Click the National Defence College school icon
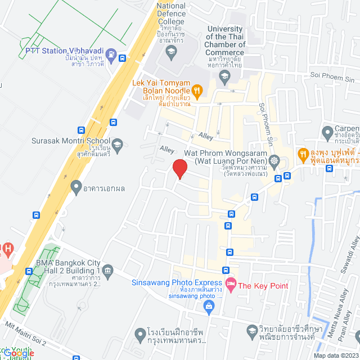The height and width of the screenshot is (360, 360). (x=171, y=53)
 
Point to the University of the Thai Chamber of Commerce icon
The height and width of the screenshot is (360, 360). (x=224, y=75)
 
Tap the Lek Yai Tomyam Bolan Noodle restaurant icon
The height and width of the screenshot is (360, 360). (x=197, y=89)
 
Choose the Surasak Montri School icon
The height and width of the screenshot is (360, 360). (x=117, y=145)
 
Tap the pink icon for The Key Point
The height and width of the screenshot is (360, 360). (x=229, y=285)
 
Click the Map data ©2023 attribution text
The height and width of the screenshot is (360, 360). (x=336, y=355)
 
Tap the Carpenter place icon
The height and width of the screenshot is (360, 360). (x=328, y=133)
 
